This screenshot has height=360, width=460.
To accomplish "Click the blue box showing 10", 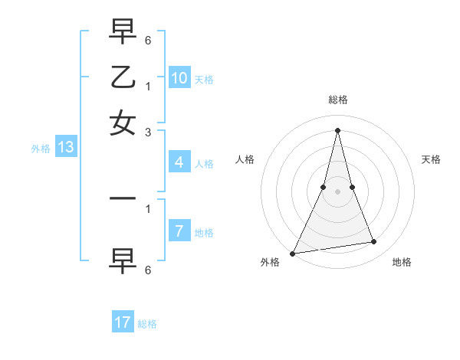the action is point(179,77).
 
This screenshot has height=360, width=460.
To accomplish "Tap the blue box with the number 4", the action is point(179,162).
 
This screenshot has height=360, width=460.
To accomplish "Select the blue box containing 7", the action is point(179,231).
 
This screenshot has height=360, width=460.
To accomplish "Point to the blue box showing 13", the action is point(65,147).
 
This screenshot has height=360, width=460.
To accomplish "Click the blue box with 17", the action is point(123,322).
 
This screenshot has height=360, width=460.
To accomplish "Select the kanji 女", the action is point(123,123).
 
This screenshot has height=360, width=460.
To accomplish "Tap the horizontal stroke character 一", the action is point(123,198).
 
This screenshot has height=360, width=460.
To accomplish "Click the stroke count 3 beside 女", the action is point(148,132).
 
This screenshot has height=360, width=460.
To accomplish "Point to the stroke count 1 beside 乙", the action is point(148,86).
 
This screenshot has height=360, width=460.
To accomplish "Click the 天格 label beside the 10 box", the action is point(204,79).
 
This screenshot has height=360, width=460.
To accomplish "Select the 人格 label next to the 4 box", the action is point(204,164).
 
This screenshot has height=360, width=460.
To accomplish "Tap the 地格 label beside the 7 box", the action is point(204,233).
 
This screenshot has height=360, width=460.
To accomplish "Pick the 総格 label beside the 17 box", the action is point(147,324).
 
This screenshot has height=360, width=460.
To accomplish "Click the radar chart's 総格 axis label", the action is point(337,100).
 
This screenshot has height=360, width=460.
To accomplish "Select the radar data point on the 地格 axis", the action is point(374,242).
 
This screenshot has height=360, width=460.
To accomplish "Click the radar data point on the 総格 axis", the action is point(337,129).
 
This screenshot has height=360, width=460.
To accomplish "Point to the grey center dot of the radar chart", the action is point(337,191).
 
